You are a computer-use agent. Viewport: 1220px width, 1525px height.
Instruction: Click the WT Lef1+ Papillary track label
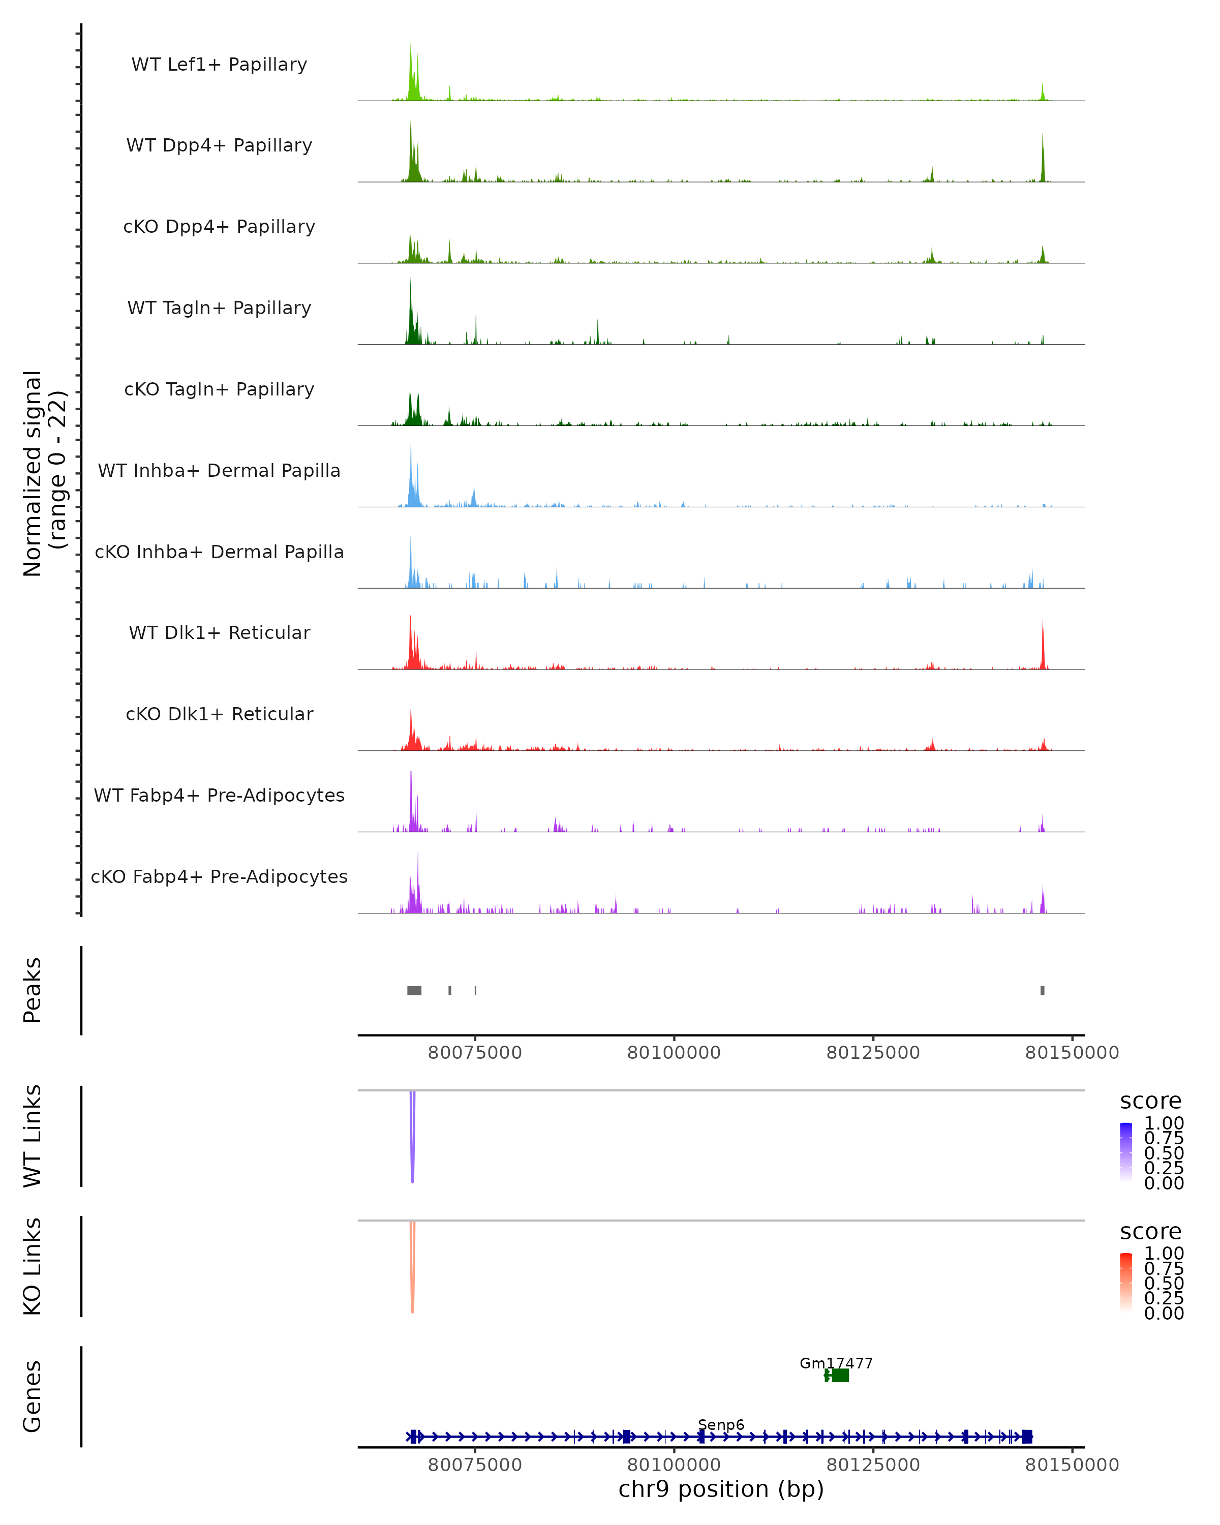[x=219, y=65]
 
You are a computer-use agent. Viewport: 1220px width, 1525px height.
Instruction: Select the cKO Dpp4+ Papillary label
[x=219, y=226]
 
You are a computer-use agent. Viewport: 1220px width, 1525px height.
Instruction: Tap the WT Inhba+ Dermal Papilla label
[x=219, y=470]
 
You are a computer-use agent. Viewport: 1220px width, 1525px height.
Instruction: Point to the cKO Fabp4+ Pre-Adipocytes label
[x=219, y=876]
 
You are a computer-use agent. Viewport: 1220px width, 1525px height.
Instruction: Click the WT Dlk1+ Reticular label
[x=219, y=632]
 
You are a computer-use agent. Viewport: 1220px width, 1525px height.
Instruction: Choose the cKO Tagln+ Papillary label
[x=219, y=389]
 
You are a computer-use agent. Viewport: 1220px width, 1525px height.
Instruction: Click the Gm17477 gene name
[x=836, y=1363]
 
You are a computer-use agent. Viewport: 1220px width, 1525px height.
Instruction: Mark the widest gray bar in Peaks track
[x=414, y=990]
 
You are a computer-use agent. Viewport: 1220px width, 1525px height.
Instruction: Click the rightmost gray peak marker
[x=1042, y=990]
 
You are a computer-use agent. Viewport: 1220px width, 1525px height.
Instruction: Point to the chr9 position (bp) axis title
[x=721, y=1489]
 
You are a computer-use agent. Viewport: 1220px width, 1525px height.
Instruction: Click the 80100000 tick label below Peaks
[x=674, y=1053]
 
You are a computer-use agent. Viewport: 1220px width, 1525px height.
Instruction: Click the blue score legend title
[x=1150, y=1101]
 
